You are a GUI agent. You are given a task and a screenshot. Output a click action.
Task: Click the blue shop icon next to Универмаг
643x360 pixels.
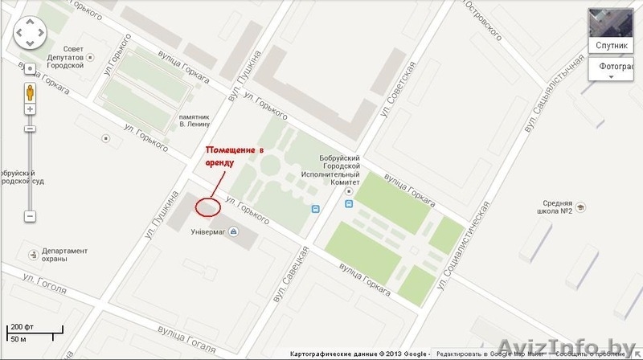pyautogui.click(x=233, y=232)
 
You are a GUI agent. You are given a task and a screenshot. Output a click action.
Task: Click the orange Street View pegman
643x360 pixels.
pyautogui.click(x=29, y=91)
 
